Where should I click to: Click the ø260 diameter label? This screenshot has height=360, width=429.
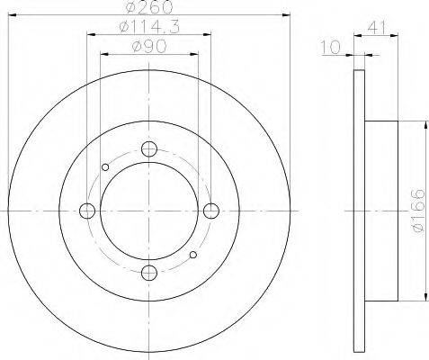149,7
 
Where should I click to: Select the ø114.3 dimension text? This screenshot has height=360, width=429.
149,28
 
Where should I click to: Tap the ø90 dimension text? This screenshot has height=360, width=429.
149,47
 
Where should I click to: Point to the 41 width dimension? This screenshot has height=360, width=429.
376,29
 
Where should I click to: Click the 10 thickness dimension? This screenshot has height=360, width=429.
331,48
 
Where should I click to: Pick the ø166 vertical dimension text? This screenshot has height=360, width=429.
418,211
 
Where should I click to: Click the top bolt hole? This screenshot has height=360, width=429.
149,148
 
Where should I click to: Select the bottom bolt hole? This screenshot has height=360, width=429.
149,273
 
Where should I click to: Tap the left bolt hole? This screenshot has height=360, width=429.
87,211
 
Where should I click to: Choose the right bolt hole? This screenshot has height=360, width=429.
211,211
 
